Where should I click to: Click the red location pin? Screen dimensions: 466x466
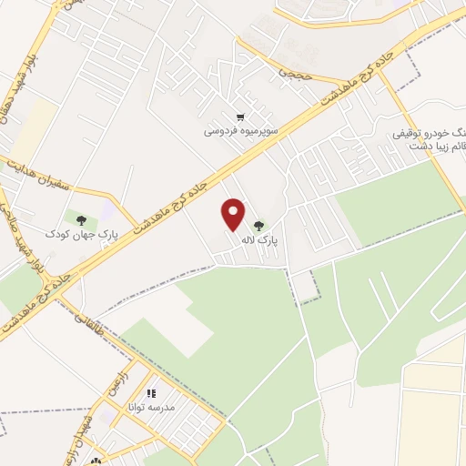point(234,214)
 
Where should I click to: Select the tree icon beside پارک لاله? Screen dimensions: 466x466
point(259,226)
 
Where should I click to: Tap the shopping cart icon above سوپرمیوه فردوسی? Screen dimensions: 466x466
point(239,116)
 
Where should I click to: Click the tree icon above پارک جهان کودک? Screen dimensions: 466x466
point(82,220)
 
